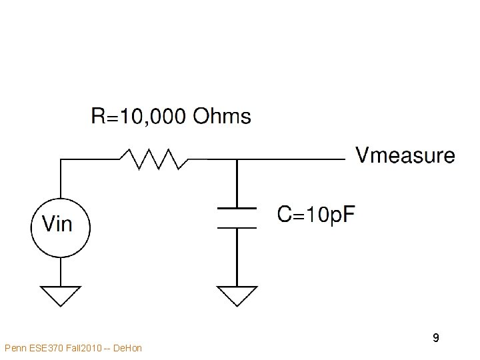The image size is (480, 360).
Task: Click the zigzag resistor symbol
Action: pyautogui.click(x=154, y=159)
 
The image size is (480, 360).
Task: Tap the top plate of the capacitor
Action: pyautogui.click(x=237, y=208)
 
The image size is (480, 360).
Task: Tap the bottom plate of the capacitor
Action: pyautogui.click(x=237, y=227)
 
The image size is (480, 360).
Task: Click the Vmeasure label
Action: pyautogui.click(x=405, y=157)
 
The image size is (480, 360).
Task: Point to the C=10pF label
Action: pyautogui.click(x=316, y=215)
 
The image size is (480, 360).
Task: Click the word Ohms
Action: pyautogui.click(x=222, y=117)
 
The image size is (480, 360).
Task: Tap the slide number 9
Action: pyautogui.click(x=435, y=338)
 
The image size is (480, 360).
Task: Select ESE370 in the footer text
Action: pyautogui.click(x=44, y=348)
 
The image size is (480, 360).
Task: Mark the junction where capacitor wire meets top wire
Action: pyautogui.click(x=237, y=159)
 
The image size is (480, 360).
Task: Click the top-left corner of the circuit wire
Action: pyautogui.click(x=61, y=159)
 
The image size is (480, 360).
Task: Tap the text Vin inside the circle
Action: pyautogui.click(x=57, y=224)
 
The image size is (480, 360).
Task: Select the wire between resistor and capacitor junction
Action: pyautogui.click(x=212, y=159)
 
